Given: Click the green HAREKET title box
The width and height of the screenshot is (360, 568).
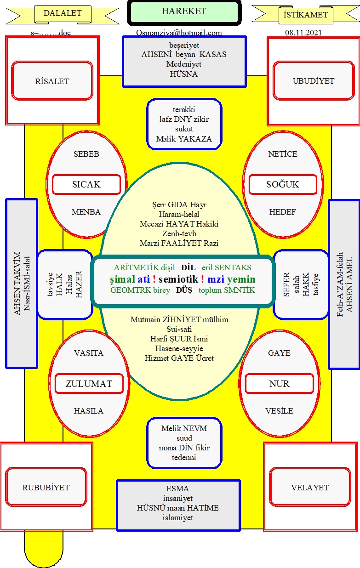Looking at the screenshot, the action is coord(184,12).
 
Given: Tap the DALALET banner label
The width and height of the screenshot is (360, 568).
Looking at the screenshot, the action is coord(63,13).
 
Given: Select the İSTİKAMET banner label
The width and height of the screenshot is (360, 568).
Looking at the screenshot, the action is coord(305,15).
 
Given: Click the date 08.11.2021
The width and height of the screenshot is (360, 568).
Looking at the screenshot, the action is coord(303,33).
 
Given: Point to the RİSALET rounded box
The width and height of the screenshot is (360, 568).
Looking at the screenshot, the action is coord(52,80).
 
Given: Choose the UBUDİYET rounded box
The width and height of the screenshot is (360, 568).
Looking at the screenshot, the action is coord(314,80).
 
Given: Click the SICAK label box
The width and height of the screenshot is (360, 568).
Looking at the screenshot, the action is coord(86,184).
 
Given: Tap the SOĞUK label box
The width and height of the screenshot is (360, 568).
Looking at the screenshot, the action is coord(283,184).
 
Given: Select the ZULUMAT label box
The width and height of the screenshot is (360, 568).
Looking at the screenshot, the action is coord(89,384).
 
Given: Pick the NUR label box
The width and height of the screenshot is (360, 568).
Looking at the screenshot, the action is coord(280,384).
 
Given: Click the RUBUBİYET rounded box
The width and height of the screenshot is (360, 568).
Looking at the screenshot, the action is coord(46,488).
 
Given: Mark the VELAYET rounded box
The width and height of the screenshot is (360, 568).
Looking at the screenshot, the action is coord(310,488).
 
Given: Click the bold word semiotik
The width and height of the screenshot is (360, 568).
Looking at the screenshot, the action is coord(178,279).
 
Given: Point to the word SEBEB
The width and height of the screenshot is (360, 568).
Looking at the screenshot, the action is coord(86,154).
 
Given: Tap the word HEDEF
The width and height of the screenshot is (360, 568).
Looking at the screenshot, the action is coord(282,212).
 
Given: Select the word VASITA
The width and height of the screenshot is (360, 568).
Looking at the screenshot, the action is coord(89,353).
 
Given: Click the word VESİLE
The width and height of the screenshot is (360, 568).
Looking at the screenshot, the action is coord(279,411).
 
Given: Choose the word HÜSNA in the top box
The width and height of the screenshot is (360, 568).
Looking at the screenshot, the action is coord(184,74).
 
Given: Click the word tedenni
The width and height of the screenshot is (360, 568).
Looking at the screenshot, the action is coord(184,457).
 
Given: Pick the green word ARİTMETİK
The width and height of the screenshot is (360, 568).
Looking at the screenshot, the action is coord(136,267).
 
